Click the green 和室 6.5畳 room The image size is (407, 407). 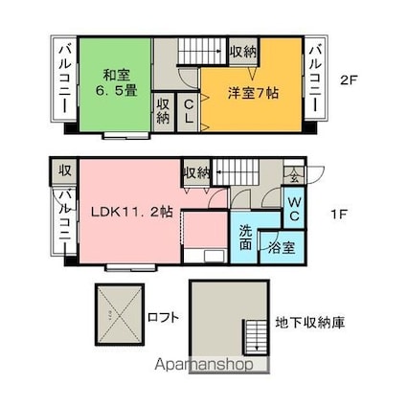pyautogui.click(x=115, y=84)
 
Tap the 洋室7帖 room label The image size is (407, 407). pyautogui.click(x=253, y=93)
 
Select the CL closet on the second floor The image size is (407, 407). pyautogui.click(x=189, y=112)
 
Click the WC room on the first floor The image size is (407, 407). pyautogui.click(x=294, y=208)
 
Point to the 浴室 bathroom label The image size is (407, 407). pyautogui.click(x=282, y=248)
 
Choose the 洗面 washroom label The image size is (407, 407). pyautogui.click(x=245, y=237)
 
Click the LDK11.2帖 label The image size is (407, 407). pyautogui.click(x=132, y=212)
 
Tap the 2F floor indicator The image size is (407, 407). pyautogui.click(x=348, y=80)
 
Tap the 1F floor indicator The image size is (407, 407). pyautogui.click(x=339, y=215)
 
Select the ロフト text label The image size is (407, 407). pyautogui.click(x=163, y=317)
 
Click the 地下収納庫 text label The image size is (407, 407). pyautogui.click(x=310, y=323)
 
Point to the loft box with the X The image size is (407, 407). pyautogui.click(x=120, y=314)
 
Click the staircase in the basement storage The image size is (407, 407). pyautogui.click(x=256, y=337)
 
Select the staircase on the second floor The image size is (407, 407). pyautogui.click(x=202, y=51)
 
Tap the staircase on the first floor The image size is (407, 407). pyautogui.click(x=236, y=172)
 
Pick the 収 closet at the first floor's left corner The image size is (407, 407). pyautogui.click(x=64, y=170)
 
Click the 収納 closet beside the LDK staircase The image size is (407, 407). pyautogui.click(x=197, y=172)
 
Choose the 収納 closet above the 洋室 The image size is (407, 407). pyautogui.click(x=243, y=52)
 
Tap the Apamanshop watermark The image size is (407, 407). pyautogui.click(x=204, y=364)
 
